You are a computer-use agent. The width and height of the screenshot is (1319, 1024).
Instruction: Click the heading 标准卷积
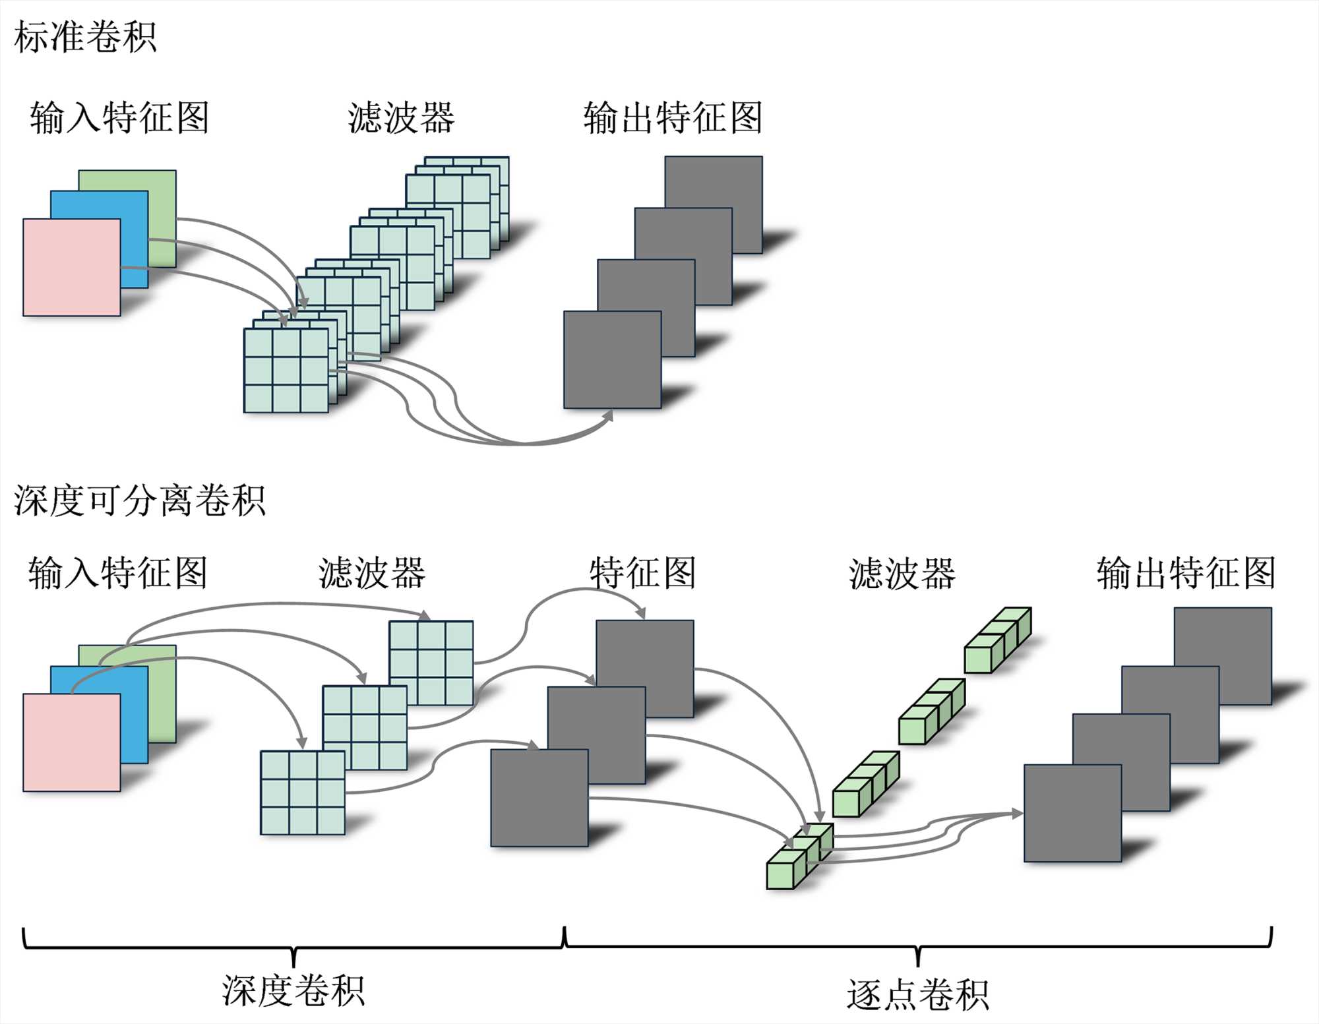(x=85, y=37)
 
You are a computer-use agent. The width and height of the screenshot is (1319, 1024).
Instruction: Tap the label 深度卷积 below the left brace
(x=293, y=990)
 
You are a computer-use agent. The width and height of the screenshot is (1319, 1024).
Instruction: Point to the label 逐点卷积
(x=917, y=994)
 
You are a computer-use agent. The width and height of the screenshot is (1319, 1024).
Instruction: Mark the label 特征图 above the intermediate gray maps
(x=642, y=572)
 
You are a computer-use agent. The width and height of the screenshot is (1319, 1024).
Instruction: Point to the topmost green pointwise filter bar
(x=997, y=640)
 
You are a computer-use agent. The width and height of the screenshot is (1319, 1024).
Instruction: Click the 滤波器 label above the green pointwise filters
(x=902, y=573)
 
